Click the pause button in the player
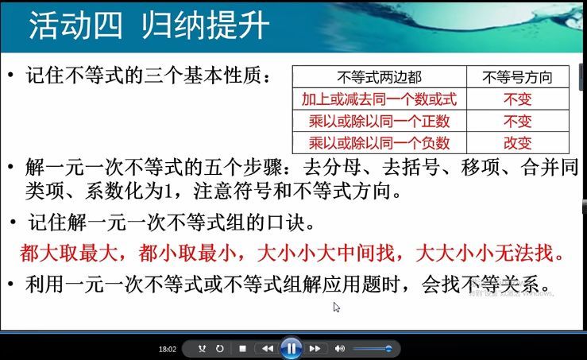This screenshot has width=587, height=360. pyautogui.click(x=291, y=348)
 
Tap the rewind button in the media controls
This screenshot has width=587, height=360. pyautogui.click(x=268, y=348)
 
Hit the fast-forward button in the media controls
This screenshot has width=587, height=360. pyautogui.click(x=315, y=348)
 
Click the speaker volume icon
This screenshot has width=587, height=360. pyautogui.click(x=340, y=348)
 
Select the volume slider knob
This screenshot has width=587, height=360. pyautogui.click(x=388, y=348)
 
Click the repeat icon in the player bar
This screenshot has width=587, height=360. pyautogui.click(x=219, y=348)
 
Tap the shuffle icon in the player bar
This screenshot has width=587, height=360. pyautogui.click(x=202, y=348)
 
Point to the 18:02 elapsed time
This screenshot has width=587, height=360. pyautogui.click(x=167, y=349)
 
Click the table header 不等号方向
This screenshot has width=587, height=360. pyautogui.click(x=517, y=77)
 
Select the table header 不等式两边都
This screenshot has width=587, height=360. pyautogui.click(x=379, y=77)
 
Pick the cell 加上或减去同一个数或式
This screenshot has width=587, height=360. pyautogui.click(x=379, y=99)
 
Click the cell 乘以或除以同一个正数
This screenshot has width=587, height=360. pyautogui.click(x=379, y=121)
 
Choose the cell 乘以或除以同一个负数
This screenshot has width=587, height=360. pyautogui.click(x=379, y=142)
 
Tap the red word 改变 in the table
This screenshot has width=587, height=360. pyautogui.click(x=517, y=142)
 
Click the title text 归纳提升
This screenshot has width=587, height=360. pyautogui.click(x=205, y=25)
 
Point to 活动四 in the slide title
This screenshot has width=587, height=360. pyautogui.click(x=75, y=25)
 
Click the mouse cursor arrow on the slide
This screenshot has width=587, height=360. pyautogui.click(x=337, y=307)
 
